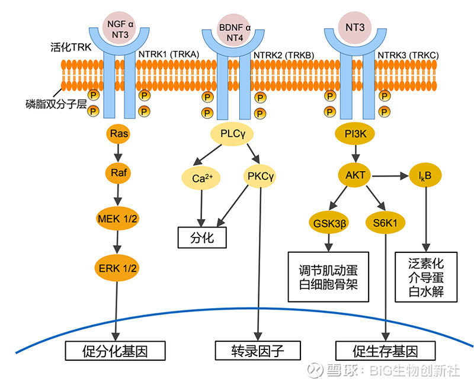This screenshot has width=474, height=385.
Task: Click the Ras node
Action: click(x=119, y=134)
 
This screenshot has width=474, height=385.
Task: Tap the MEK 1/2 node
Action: click(x=118, y=220)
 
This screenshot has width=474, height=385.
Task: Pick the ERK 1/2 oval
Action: click(x=118, y=267)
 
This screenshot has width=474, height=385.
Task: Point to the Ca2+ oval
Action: click(x=202, y=177)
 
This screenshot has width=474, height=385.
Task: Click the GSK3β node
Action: click(x=328, y=223)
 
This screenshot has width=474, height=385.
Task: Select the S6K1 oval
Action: click(x=385, y=223)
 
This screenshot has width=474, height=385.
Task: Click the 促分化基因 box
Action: click(x=115, y=351)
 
